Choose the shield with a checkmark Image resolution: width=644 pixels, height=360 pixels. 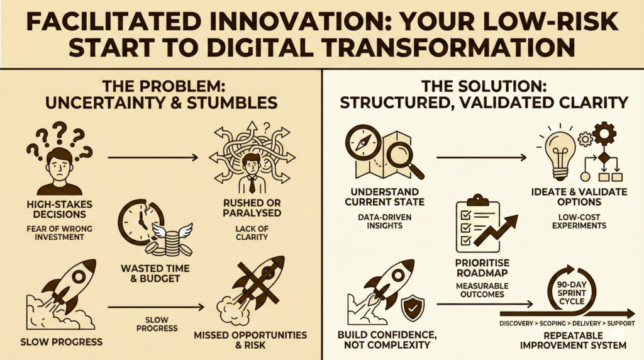pyautogui.click(x=413, y=308)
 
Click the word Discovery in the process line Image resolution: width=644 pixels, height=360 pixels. pyautogui.click(x=518, y=323)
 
